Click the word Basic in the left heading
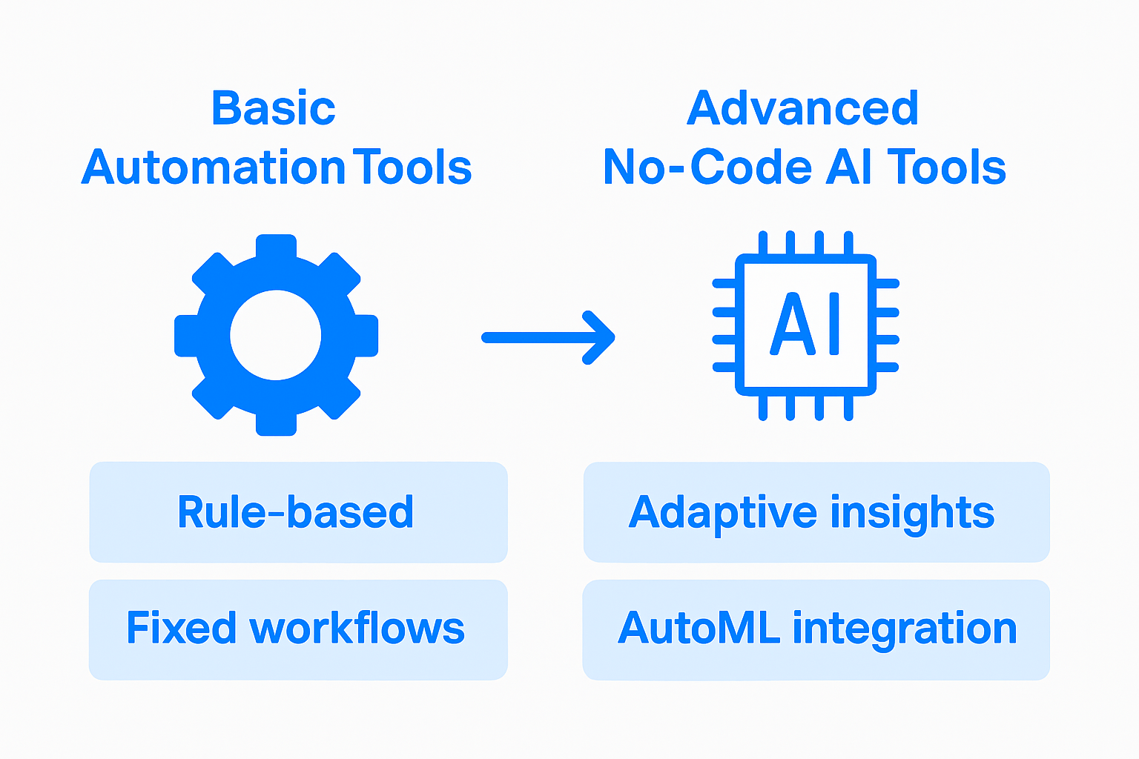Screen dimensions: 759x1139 [x=274, y=108]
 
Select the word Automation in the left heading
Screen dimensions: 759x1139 [x=214, y=168]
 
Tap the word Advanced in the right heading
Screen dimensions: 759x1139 [x=803, y=108]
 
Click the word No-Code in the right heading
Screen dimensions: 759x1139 [x=707, y=168]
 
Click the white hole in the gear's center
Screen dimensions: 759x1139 [x=276, y=335]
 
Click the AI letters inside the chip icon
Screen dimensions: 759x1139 [x=805, y=325]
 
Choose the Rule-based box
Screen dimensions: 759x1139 [x=298, y=512]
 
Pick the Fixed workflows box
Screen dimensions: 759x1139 [x=298, y=629]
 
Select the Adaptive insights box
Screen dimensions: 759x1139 [x=816, y=512]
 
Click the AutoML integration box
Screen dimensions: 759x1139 [x=816, y=629]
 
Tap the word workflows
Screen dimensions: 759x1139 [x=357, y=629]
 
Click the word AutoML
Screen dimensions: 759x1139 [x=699, y=629]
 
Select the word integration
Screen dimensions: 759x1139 [x=905, y=629]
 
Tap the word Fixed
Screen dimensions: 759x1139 [x=181, y=629]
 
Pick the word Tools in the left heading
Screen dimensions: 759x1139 [x=412, y=168]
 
